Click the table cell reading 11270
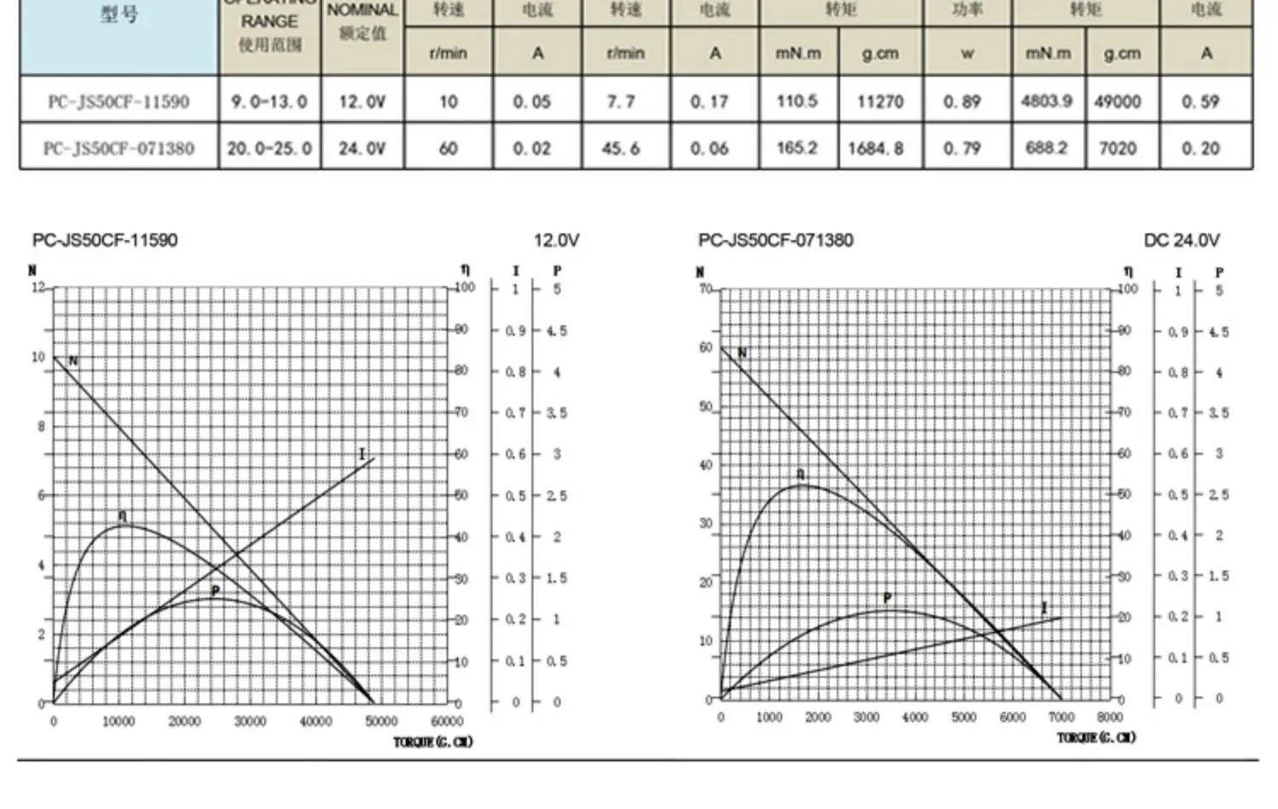(x=879, y=101)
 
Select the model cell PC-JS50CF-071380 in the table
(x=118, y=148)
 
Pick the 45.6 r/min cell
(x=621, y=148)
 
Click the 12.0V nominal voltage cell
(x=362, y=101)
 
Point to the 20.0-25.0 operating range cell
(x=268, y=148)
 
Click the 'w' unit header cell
(x=967, y=53)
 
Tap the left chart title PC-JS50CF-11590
(x=105, y=240)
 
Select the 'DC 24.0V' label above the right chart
(x=1182, y=241)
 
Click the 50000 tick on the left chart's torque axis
(x=381, y=721)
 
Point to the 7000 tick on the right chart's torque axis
(x=1061, y=717)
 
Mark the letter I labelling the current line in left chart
(x=361, y=454)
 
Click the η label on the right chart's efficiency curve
(x=800, y=474)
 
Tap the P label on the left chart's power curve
(x=216, y=591)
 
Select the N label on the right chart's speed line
(x=742, y=353)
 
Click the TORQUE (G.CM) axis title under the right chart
(x=1097, y=737)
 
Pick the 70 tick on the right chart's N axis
(x=705, y=289)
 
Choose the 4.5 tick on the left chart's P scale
(x=556, y=330)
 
